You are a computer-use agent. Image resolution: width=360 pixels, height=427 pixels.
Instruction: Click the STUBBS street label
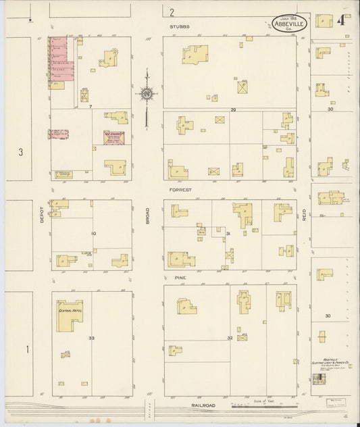click(x=180, y=26)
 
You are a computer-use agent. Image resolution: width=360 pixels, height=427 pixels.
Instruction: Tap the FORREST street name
click(x=180, y=191)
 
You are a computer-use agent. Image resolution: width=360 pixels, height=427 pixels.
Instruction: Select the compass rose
click(x=147, y=93)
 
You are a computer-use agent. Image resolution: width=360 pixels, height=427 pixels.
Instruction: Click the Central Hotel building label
click(x=69, y=311)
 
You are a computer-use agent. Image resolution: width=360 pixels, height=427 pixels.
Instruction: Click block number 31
click(x=228, y=234)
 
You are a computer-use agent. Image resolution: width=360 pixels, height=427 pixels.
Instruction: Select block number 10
click(x=93, y=234)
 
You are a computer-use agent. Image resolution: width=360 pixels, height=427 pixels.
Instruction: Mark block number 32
click(x=230, y=337)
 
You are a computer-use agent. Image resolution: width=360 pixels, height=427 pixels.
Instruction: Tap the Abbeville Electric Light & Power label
click(x=330, y=363)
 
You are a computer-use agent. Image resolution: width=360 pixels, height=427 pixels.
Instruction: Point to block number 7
click(x=89, y=106)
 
